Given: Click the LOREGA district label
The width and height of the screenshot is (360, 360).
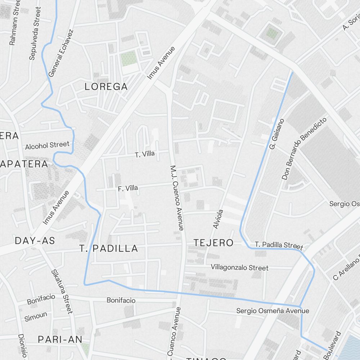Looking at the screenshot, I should (106, 87).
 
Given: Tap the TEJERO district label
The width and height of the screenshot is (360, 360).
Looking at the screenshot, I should (213, 243).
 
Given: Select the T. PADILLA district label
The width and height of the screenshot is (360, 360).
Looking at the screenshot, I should (109, 248).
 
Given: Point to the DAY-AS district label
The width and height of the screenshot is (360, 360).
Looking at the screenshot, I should (35, 241).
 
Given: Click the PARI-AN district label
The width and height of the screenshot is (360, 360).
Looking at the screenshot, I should (60, 339).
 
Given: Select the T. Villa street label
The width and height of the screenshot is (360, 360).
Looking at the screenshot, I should (145, 154).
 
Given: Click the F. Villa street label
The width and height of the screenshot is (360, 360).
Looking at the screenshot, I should (128, 188).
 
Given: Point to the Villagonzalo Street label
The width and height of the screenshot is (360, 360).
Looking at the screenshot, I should (239, 268).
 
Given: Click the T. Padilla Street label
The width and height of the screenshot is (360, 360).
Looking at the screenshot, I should (279, 245).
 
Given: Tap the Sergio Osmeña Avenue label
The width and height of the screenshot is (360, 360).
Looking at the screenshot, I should (273, 310).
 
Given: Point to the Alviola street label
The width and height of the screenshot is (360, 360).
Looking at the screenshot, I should (218, 219).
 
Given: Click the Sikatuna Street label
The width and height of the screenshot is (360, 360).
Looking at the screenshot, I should (62, 292).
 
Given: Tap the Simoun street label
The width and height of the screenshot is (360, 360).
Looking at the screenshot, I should (36, 317).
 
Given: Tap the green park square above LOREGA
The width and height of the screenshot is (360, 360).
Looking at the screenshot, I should (129, 58).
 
